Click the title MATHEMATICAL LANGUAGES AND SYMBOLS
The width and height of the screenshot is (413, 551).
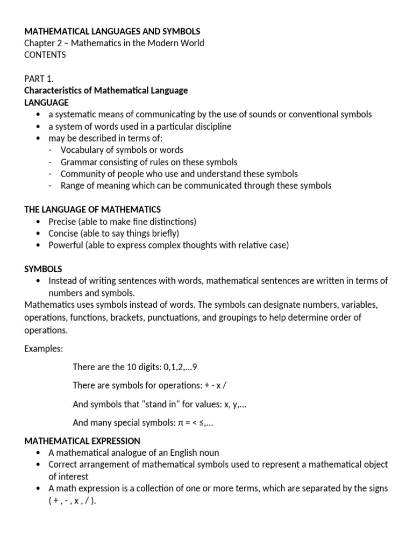click(112, 32)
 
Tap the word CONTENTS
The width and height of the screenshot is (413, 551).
click(45, 55)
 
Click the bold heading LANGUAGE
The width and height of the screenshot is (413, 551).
click(46, 102)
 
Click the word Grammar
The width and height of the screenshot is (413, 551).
click(79, 162)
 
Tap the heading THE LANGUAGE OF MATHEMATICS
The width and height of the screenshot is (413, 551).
click(92, 209)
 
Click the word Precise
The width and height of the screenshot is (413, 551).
click(62, 221)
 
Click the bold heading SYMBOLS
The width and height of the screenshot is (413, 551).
click(43, 269)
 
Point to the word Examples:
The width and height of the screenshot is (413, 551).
click(44, 348)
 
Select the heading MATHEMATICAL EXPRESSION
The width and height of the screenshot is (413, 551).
click(82, 441)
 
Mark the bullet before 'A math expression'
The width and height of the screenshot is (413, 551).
click(37, 488)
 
